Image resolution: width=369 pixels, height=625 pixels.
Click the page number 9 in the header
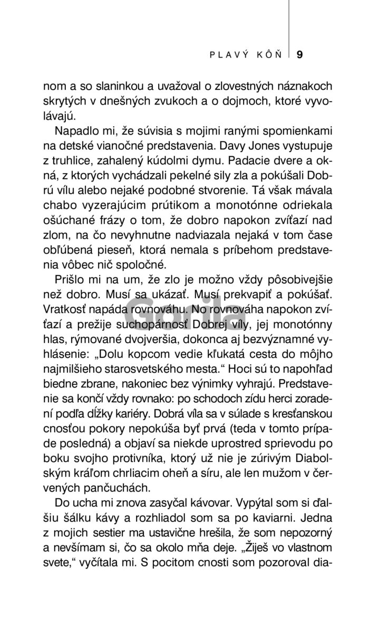[x=299, y=54]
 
